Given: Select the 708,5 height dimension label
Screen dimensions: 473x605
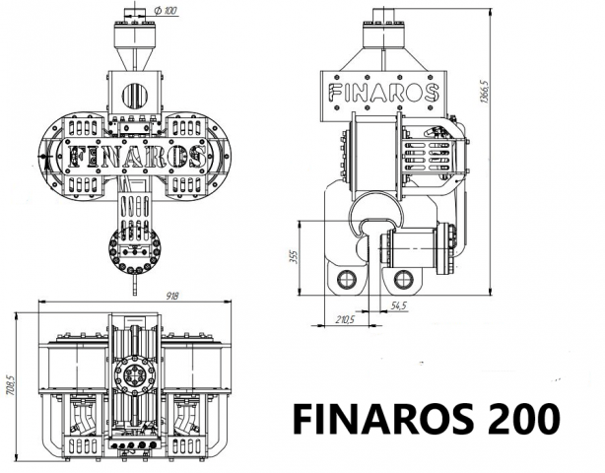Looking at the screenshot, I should pyautogui.click(x=10, y=383).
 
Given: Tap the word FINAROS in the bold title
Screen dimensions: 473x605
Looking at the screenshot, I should pyautogui.click(x=373, y=419).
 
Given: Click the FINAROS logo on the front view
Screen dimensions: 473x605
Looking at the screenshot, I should pyautogui.click(x=134, y=156).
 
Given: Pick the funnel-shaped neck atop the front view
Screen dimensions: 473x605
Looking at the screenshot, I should pyautogui.click(x=135, y=49).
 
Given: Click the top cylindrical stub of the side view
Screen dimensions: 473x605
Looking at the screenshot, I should pyautogui.click(x=382, y=31).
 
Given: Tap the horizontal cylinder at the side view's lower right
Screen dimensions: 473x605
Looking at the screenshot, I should pyautogui.click(x=420, y=247).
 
